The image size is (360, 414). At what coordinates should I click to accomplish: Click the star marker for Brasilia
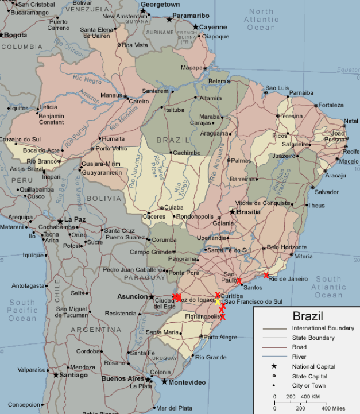click(x=233, y=212)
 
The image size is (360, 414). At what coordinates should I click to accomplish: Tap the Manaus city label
click(x=111, y=95)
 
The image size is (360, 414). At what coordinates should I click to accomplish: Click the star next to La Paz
click(x=60, y=220)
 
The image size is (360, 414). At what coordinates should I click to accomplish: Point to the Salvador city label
click(x=326, y=192)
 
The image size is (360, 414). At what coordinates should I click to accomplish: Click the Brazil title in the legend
click(x=308, y=316)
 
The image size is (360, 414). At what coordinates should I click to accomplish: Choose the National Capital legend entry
click(x=314, y=366)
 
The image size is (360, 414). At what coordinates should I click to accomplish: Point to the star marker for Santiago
click(x=56, y=374)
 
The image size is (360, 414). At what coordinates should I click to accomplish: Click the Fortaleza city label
click(x=331, y=105)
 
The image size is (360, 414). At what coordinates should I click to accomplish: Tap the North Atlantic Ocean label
click(x=261, y=20)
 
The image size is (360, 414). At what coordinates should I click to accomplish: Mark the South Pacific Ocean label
click(x=22, y=311)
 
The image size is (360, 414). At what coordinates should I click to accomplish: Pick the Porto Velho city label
click(x=111, y=149)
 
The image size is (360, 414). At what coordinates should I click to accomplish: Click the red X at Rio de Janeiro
click(x=266, y=276)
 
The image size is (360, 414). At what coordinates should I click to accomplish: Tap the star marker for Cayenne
click(x=196, y=27)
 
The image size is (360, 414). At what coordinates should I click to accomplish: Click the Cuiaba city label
click(x=173, y=208)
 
